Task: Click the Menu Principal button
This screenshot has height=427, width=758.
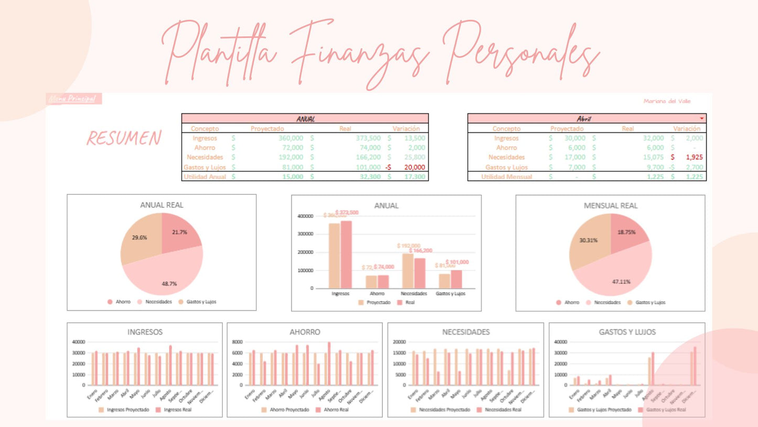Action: [x=74, y=99]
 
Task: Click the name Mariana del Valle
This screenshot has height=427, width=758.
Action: [x=667, y=101]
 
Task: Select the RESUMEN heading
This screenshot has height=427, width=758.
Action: [x=124, y=138]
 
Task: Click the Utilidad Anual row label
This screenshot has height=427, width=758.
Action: [x=205, y=177]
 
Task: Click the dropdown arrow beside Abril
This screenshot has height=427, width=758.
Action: [x=702, y=119]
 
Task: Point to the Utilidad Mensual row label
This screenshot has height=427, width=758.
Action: [x=506, y=177]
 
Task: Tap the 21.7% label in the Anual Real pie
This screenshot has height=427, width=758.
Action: [x=179, y=232]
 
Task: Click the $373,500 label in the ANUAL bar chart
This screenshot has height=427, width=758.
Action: [x=347, y=212]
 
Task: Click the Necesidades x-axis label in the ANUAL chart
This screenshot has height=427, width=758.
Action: [x=413, y=294]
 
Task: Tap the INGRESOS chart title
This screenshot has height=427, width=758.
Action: [x=145, y=332]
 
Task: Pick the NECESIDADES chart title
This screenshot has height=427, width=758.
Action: [x=466, y=332]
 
